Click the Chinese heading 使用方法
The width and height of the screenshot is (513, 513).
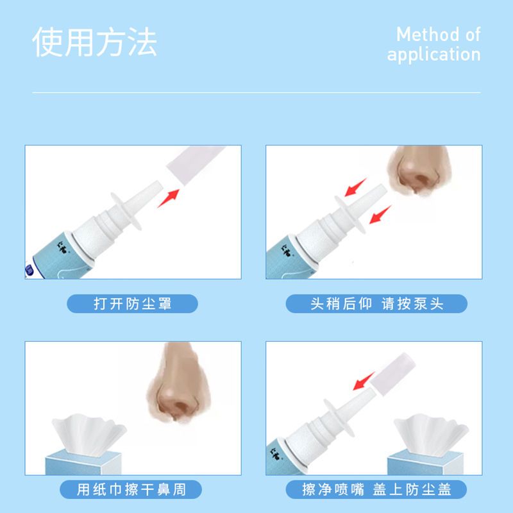point(94,42)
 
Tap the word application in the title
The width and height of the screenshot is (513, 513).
point(434,55)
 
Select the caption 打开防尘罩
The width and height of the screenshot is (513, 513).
point(133,303)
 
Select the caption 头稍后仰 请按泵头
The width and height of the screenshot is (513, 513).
point(376,303)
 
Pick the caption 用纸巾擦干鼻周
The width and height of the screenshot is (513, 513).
point(131,489)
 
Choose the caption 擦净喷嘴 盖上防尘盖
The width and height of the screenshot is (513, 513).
point(376,489)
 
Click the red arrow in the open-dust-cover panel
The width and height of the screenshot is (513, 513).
point(169,198)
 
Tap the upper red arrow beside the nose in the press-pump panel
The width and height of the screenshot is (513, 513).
point(356,187)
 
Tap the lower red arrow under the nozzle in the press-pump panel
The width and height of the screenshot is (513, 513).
point(380,215)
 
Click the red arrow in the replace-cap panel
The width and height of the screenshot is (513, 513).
point(364,381)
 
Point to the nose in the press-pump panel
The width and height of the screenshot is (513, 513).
point(419,170)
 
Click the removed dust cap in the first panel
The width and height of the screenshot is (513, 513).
point(195,165)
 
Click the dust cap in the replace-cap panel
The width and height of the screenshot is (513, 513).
point(392,374)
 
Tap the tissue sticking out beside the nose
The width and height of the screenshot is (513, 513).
point(88,434)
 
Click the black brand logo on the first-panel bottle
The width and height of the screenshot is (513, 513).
point(62,247)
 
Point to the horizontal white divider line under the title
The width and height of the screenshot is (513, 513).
point(256,93)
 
